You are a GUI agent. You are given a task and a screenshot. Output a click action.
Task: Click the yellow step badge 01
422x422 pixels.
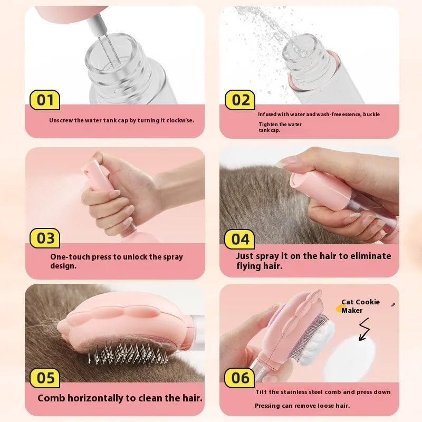click(45, 100)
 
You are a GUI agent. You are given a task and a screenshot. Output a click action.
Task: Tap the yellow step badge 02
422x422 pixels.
click(241, 100)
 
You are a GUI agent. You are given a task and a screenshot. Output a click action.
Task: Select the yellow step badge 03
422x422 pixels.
click(45, 238)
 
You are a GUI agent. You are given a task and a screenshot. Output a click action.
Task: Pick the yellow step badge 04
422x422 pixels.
click(241, 239)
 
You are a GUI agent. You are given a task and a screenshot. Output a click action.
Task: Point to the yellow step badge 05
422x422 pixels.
click(45, 378)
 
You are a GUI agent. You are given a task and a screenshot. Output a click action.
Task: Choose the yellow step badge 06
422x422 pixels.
click(241, 378)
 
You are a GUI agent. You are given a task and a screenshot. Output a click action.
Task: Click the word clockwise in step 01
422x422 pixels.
click(177, 120)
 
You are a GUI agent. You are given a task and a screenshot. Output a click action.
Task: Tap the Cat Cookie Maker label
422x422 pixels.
click(360, 306)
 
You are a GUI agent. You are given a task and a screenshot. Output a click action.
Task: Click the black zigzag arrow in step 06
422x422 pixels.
click(366, 330)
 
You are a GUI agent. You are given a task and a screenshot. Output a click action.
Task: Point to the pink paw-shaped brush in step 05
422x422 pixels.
click(127, 322)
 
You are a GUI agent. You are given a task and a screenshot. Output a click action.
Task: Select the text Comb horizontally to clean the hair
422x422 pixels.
click(120, 398)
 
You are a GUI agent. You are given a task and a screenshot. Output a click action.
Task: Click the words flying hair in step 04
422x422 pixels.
click(258, 266)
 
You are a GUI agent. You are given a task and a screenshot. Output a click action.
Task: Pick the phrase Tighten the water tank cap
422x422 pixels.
click(273, 127)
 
